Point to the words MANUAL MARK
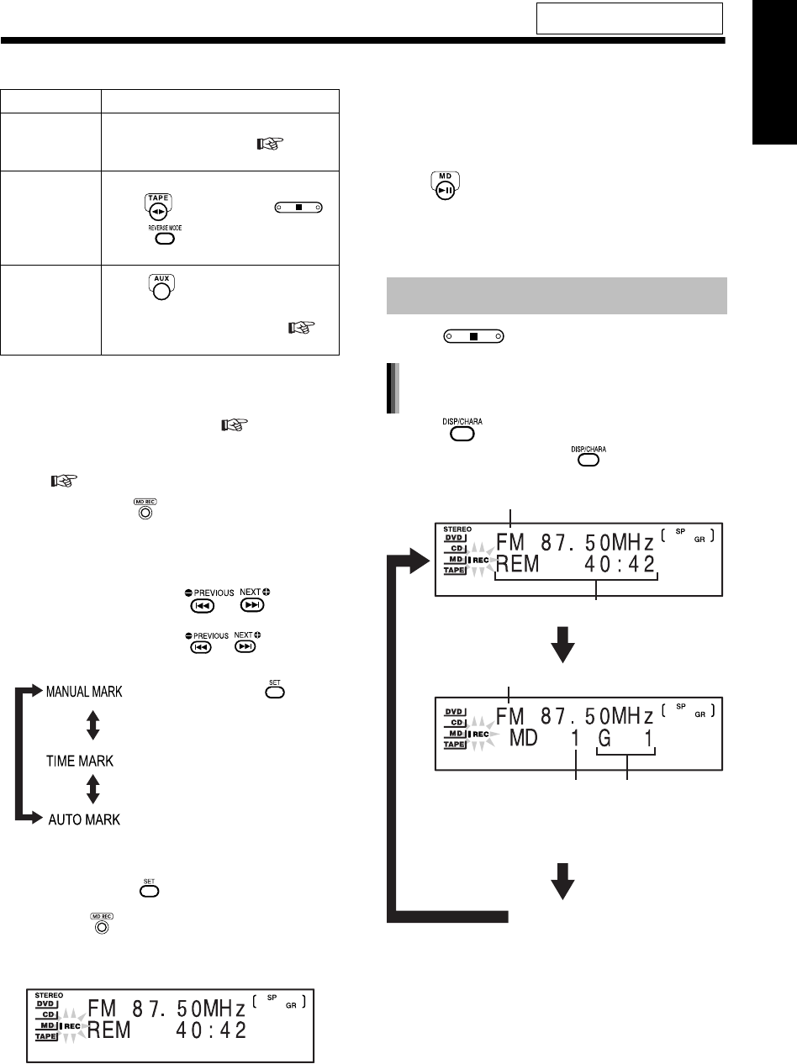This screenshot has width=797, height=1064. coord(82,692)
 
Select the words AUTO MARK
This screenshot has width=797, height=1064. coord(82,819)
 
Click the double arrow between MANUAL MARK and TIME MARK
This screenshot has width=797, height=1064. coord(93,725)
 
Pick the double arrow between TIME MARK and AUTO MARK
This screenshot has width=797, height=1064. coord(93,789)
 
